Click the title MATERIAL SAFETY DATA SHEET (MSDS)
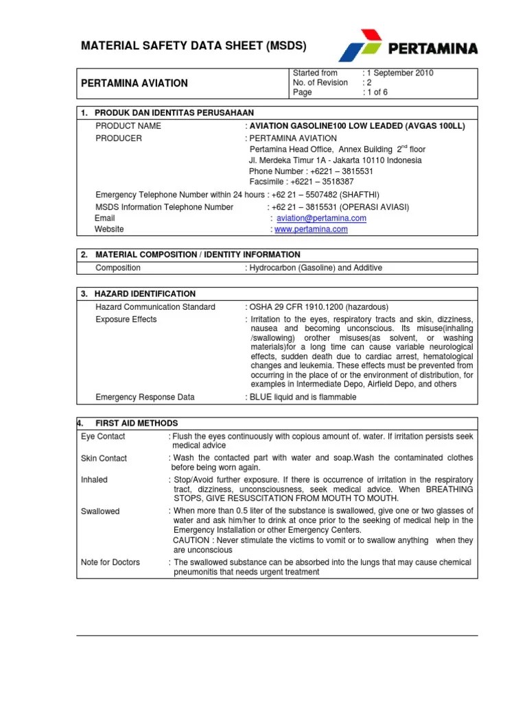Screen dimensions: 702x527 pos(194,46)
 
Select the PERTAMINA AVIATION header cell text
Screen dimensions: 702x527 pos(134,83)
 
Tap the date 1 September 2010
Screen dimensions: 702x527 pos(400,73)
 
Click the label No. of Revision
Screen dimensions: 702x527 pos(320,83)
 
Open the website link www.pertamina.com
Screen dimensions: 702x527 pos(311,230)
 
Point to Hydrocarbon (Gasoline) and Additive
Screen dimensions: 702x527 pos(315,268)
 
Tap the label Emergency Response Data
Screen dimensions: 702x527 pos(145,397)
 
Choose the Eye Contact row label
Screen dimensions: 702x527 pos(103,437)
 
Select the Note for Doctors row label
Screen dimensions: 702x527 pos(110,562)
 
